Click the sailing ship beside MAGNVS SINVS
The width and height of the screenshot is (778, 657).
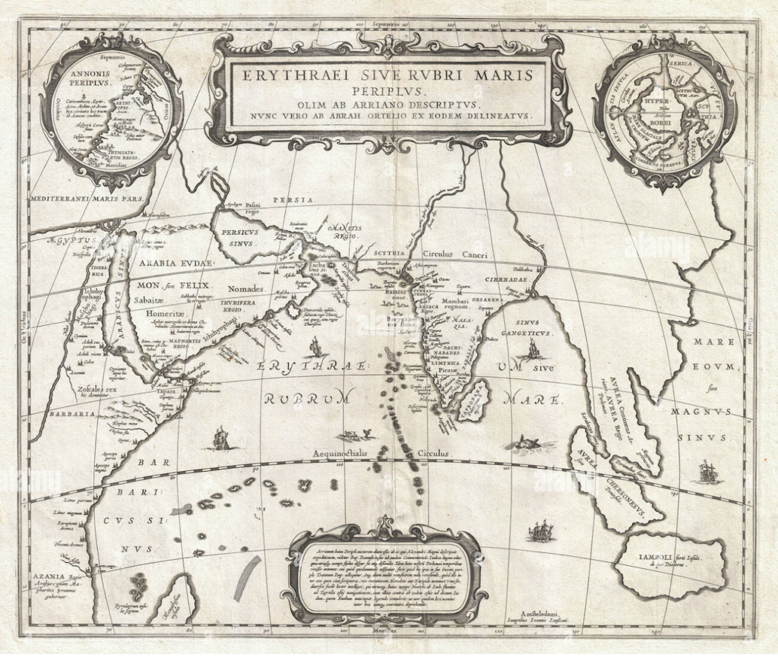tap(706, 470)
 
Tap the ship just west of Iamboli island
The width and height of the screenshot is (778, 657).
tap(540, 530)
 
